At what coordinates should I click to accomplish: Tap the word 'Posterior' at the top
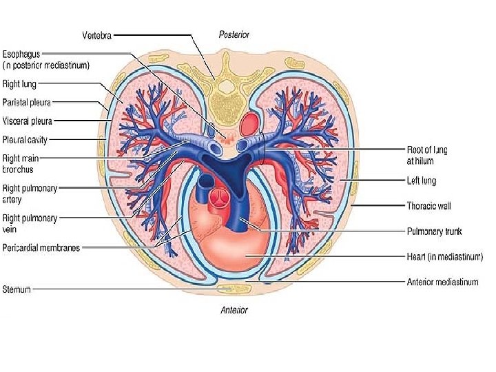[x=234, y=34]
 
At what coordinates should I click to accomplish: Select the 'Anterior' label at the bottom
[x=234, y=310]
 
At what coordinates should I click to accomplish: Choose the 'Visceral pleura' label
[x=28, y=121]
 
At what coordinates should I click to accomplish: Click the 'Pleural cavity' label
[x=25, y=138]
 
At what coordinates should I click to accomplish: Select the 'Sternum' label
[x=17, y=289]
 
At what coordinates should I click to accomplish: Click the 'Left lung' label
[x=422, y=180]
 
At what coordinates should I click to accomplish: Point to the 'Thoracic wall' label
[x=428, y=205]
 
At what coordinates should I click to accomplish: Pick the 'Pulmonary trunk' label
[x=433, y=231]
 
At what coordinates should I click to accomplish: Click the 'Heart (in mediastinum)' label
[x=444, y=256]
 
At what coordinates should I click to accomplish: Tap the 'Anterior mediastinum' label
[x=442, y=282]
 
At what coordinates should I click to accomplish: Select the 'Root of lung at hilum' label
[x=427, y=154]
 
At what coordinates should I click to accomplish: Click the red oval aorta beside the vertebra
[x=249, y=124]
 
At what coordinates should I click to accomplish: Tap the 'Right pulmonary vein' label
[x=30, y=223]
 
